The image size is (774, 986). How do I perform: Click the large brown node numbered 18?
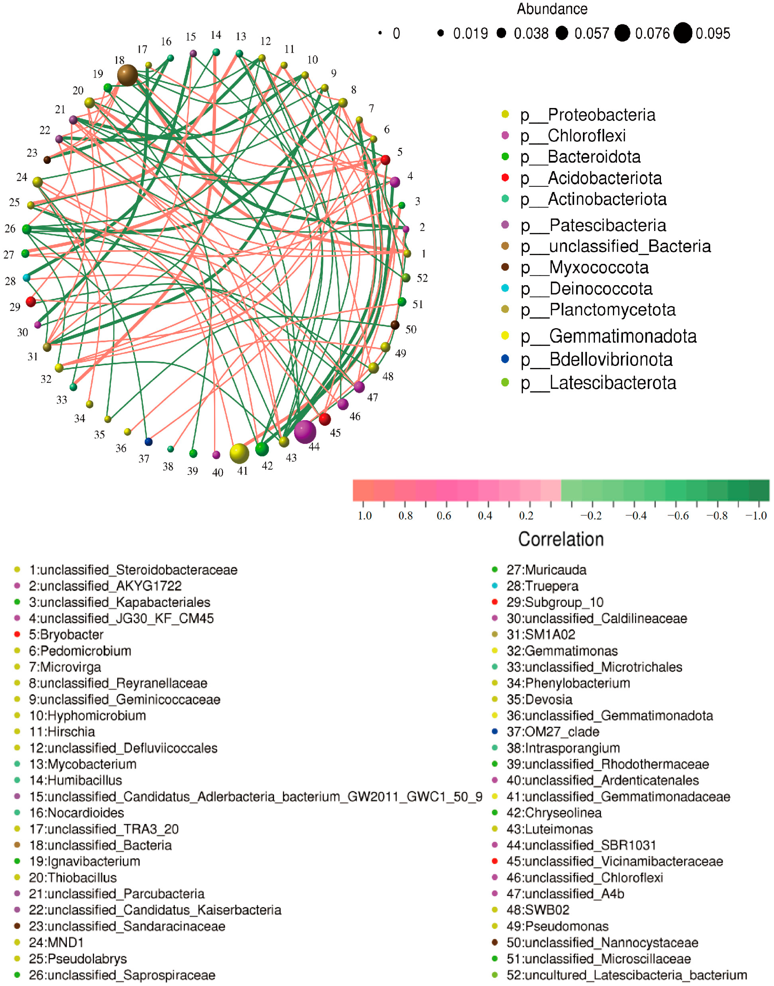pyautogui.click(x=127, y=75)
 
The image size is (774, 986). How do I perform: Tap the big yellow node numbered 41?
pyautogui.click(x=239, y=453)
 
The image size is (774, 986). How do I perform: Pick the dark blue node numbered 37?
pyautogui.click(x=148, y=442)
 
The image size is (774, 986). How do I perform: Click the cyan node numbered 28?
pyautogui.click(x=26, y=278)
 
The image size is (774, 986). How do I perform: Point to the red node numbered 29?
pyautogui.click(x=31, y=301)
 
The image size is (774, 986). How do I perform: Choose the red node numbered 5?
pyautogui.click(x=385, y=160)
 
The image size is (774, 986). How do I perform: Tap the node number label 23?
pyautogui.click(x=32, y=153)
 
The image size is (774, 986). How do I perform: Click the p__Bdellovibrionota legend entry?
pyautogui.click(x=610, y=359)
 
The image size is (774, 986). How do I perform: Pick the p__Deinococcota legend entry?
pyautogui.click(x=600, y=289)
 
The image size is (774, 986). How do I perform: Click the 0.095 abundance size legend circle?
pyautogui.click(x=682, y=33)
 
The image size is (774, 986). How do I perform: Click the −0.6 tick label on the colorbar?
pyautogui.click(x=678, y=516)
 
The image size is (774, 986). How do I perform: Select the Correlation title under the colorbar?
pyautogui.click(x=561, y=539)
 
